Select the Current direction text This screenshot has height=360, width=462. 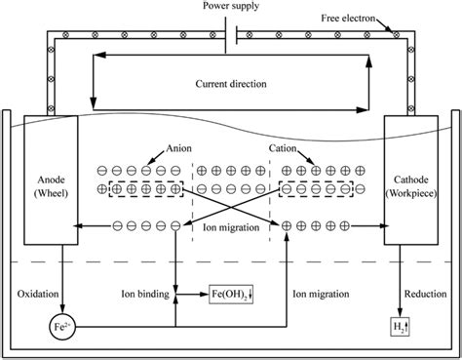(230, 83)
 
